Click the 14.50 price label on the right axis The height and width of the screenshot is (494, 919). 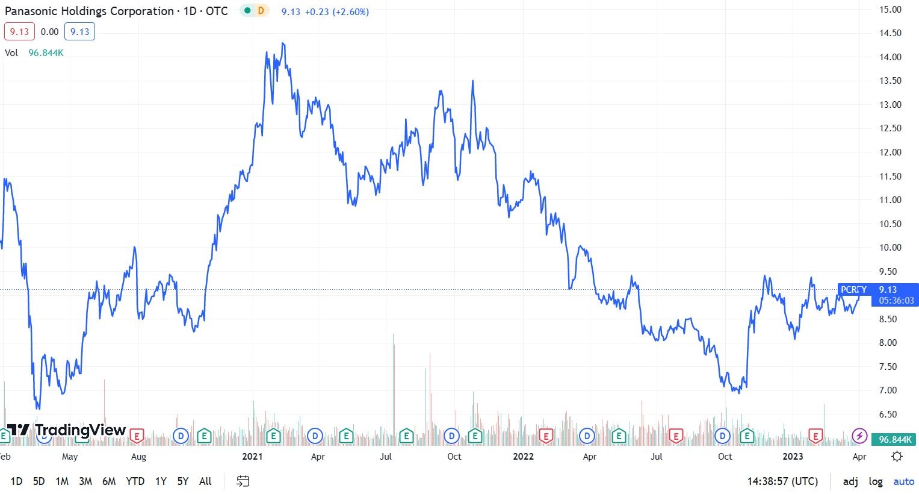(x=890, y=33)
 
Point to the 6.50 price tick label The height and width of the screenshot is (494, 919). (x=890, y=414)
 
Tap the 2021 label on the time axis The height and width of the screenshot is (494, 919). (x=252, y=457)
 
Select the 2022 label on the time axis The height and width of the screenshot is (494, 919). (x=523, y=457)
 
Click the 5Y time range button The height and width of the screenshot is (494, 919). (x=183, y=481)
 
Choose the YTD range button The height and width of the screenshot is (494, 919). (x=135, y=481)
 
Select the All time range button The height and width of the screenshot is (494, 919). (x=205, y=481)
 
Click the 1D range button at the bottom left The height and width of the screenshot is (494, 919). (x=16, y=481)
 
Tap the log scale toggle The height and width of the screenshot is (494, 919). (x=876, y=481)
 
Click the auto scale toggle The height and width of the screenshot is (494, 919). (x=903, y=481)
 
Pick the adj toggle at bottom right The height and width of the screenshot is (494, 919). (x=850, y=481)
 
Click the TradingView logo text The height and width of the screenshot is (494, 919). (x=80, y=430)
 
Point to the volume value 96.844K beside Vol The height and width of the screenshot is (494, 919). (x=46, y=53)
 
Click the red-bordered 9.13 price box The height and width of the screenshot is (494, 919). (x=19, y=32)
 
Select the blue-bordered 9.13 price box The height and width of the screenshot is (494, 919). (x=79, y=32)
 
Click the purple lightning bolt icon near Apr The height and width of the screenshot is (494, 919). (x=860, y=436)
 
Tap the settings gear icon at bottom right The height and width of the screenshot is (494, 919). (x=897, y=456)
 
